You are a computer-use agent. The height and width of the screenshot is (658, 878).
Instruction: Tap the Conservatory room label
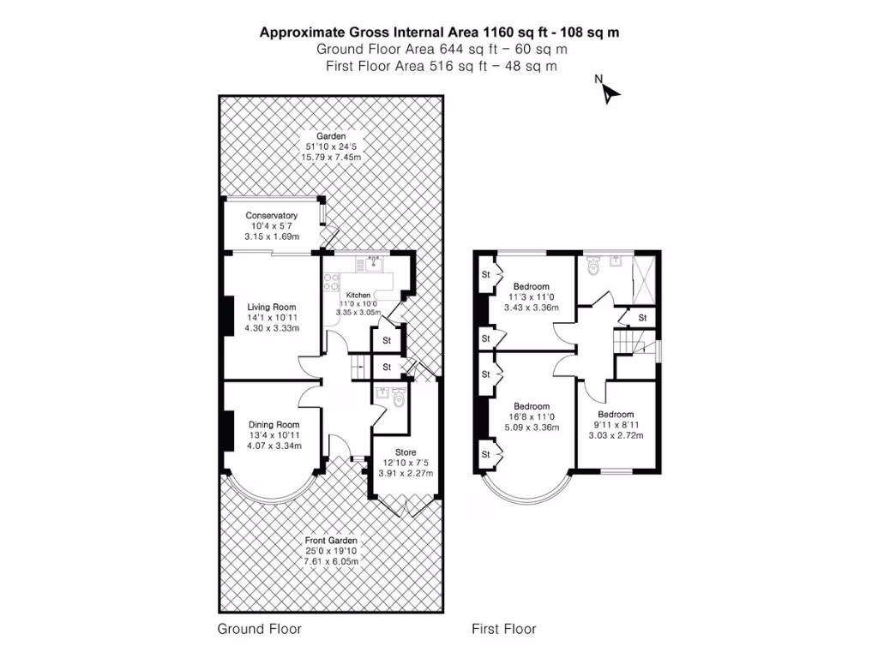click(x=271, y=216)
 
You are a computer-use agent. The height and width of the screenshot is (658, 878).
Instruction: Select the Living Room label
click(x=272, y=307)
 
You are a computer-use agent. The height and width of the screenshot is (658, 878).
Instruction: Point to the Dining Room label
click(x=274, y=424)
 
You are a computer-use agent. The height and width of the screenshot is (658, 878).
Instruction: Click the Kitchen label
click(x=358, y=295)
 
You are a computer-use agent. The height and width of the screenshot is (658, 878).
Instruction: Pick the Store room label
click(x=406, y=452)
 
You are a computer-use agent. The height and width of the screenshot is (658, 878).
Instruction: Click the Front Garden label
click(x=331, y=541)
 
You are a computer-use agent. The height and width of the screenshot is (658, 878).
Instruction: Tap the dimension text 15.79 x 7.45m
click(x=331, y=158)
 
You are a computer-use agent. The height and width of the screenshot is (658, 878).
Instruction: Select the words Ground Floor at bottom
click(x=259, y=629)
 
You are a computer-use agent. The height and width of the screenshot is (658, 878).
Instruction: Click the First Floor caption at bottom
click(x=503, y=629)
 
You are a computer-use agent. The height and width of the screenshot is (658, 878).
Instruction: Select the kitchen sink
click(x=372, y=264)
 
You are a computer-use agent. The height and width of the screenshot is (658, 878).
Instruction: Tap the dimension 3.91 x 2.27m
click(x=406, y=474)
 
